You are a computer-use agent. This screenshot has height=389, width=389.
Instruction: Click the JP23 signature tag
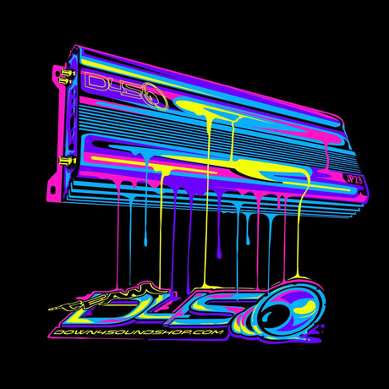353,179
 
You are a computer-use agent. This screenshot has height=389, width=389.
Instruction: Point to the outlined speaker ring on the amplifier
156,96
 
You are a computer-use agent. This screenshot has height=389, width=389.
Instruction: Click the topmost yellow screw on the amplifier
66,73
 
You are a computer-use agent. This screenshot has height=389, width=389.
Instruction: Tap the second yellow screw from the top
66,81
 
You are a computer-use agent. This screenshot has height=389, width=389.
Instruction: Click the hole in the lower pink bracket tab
52,189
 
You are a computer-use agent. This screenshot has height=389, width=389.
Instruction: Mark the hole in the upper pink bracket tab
57,74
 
